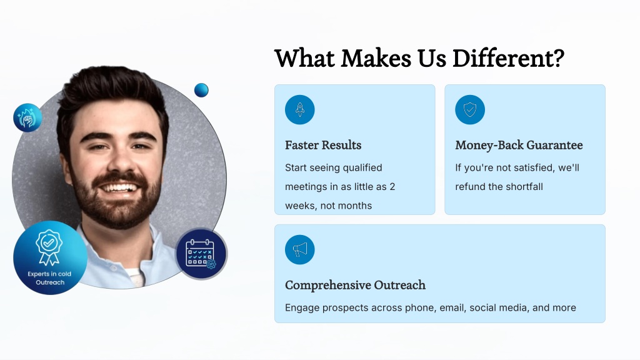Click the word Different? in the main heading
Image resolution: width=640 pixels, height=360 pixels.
(508, 58)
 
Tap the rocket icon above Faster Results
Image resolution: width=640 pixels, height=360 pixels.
(299, 109)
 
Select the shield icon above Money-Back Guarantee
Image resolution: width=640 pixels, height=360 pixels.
(470, 109)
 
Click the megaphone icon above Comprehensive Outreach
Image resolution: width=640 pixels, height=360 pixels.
(299, 249)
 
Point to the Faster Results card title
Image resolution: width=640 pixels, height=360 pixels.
(323, 145)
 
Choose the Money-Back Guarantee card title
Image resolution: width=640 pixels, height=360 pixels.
(519, 145)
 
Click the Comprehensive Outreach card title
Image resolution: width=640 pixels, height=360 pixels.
(355, 285)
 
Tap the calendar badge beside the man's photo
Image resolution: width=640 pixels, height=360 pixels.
(201, 254)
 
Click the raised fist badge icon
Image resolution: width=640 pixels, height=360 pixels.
(27, 117)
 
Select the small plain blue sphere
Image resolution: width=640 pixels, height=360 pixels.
(201, 90)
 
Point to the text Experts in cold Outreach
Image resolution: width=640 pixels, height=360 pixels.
(49, 278)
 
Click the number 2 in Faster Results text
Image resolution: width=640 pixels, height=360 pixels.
(392, 187)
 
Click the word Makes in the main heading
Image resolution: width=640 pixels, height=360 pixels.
(376, 58)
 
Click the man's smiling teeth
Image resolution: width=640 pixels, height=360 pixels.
(119, 188)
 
